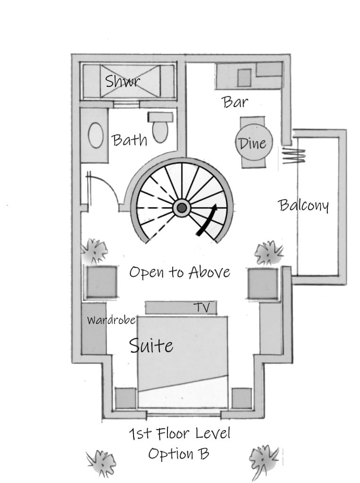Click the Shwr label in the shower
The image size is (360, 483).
point(123,81)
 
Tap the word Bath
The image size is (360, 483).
point(129,140)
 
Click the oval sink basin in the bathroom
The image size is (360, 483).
point(96,136)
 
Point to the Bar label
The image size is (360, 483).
point(235,102)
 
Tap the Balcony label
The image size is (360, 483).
point(303,205)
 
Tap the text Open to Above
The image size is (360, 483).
point(180,272)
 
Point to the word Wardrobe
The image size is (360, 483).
point(111,320)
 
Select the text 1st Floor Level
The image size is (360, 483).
point(179,433)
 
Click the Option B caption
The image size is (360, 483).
point(178,454)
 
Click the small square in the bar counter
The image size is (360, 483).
point(244,78)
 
